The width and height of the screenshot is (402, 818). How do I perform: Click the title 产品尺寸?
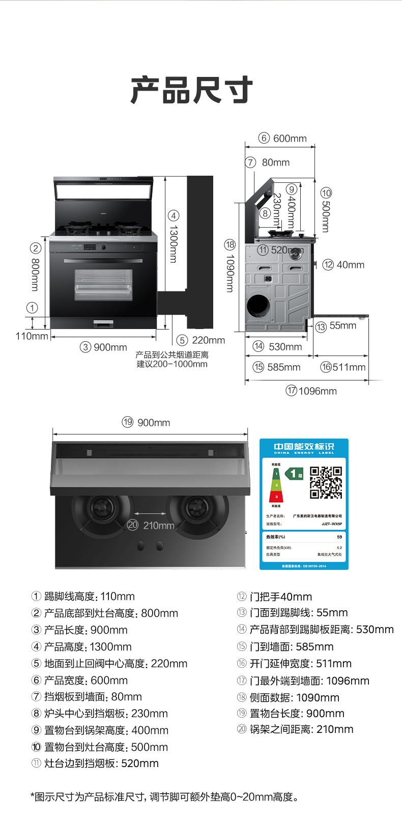192,90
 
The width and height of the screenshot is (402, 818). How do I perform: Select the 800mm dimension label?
35,275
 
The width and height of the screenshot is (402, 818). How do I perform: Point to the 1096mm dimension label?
318,391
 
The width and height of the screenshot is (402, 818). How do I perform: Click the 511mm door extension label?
349,367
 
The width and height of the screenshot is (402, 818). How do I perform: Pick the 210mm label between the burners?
159,525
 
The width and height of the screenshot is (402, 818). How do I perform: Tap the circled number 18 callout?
230,245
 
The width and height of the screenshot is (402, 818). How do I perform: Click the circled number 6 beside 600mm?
264,138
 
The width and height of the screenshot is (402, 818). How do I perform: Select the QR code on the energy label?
326,482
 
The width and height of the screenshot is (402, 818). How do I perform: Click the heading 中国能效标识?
304,447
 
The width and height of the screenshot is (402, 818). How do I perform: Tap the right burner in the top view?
196,508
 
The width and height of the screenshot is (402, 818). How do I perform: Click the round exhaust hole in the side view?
258,306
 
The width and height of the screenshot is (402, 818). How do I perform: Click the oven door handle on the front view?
103,261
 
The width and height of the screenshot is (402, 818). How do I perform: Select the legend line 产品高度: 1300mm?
81,647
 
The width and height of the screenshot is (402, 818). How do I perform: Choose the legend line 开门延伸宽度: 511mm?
294,664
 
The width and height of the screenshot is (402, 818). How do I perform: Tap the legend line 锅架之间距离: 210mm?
295,729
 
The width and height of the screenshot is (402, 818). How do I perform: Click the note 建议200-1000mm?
172,364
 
